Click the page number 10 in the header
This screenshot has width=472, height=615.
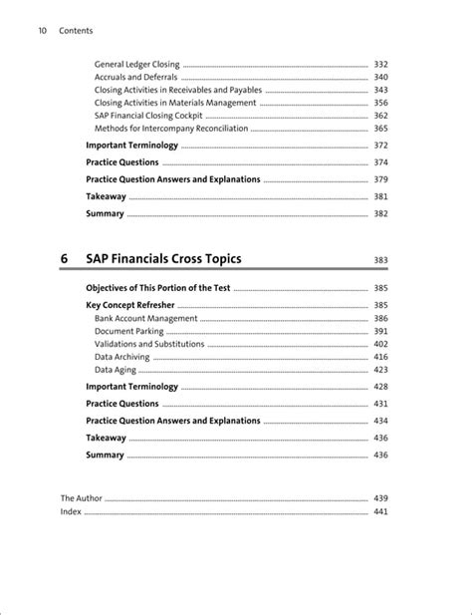42,31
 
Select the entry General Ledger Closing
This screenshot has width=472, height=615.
137,64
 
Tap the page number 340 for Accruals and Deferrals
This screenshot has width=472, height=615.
380,77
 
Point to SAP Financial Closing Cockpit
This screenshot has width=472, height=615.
147,116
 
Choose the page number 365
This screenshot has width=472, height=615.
380,129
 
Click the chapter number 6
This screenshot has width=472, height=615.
64,259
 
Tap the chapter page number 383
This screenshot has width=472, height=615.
380,261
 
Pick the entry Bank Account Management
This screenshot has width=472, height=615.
146,319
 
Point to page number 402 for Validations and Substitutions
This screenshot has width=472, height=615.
380,344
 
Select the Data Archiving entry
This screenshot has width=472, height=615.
125,357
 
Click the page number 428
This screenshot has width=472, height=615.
380,387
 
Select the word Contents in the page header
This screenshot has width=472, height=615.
76,31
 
